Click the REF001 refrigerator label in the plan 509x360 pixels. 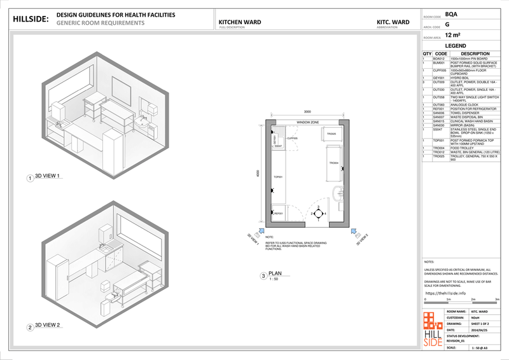point(277,214)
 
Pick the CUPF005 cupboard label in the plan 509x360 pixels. point(293,137)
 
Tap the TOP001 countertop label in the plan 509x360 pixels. point(277,177)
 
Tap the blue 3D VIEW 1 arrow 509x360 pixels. point(260,233)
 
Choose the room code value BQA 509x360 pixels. point(451,14)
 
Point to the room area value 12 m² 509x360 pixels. point(454,36)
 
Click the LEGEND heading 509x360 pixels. point(456,46)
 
